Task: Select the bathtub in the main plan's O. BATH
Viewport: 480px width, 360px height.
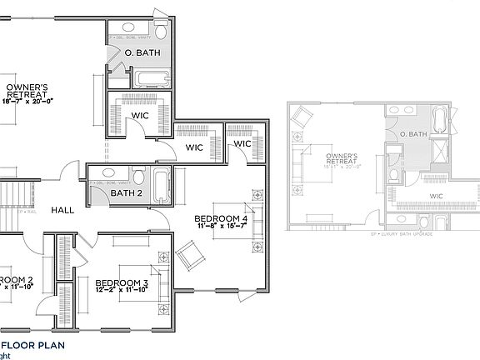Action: [152, 80]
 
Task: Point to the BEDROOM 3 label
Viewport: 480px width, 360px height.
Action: [122, 282]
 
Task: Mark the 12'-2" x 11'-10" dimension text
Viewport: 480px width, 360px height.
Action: [122, 291]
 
